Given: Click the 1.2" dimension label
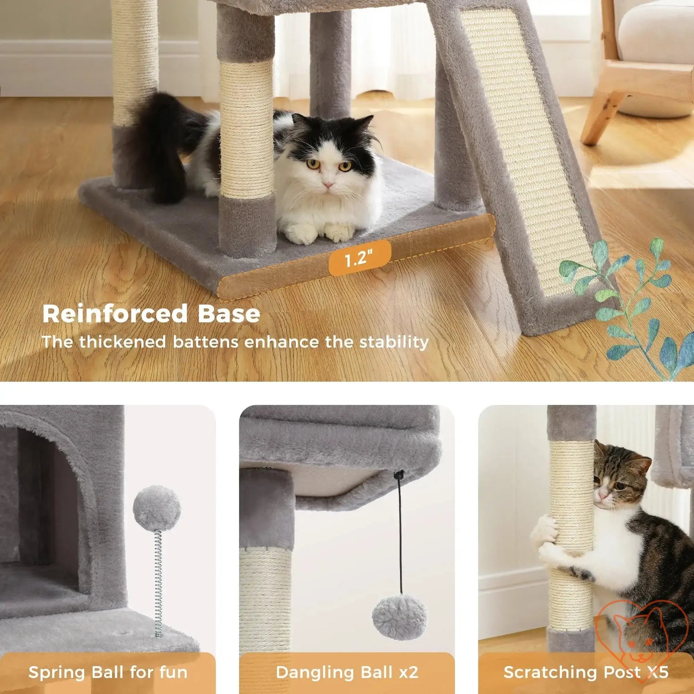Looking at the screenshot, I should pos(359,259).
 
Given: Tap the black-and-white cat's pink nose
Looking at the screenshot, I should pos(329,184).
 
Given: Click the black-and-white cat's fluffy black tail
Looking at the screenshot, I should pos(164,144).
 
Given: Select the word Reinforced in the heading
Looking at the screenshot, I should pos(115,314).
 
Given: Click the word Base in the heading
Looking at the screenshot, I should pos(229,314).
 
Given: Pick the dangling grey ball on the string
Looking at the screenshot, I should pos(399,617).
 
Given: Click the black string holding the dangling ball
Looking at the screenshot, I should pos(400,538).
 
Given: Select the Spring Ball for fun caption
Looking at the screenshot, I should pos(108,672).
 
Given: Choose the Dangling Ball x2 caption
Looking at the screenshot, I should pos(347,672).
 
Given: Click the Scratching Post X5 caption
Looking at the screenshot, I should pos(585,672).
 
